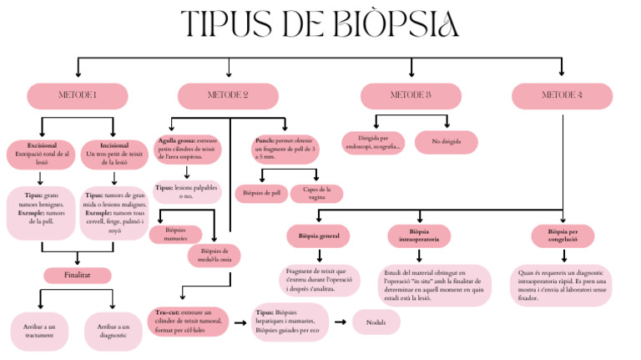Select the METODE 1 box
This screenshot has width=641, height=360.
pyautogui.click(x=77, y=96)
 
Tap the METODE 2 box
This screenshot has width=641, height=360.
pyautogui.click(x=227, y=96)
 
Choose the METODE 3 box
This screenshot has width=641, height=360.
pyautogui.click(x=410, y=96)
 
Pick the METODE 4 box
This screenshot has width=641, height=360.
pyautogui.click(x=562, y=96)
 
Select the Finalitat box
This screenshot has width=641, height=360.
pyautogui.click(x=77, y=275)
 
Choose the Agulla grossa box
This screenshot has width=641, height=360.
pyautogui.click(x=187, y=149)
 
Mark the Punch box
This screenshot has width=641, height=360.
pyautogui.click(x=284, y=149)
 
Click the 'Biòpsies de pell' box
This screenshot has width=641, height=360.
pyautogui.click(x=261, y=193)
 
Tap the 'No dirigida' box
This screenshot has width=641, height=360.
pyautogui.click(x=445, y=143)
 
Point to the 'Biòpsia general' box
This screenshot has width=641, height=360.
pyautogui.click(x=318, y=236)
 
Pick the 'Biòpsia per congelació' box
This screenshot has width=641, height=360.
pyautogui.click(x=563, y=236)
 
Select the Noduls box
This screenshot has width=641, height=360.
pyautogui.click(x=376, y=322)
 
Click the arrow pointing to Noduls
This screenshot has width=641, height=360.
pyautogui.click(x=340, y=322)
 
